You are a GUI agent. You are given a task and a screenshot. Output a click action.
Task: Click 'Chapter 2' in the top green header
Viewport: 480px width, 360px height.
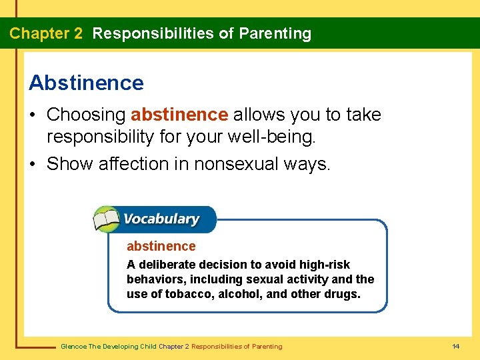pos(46,34)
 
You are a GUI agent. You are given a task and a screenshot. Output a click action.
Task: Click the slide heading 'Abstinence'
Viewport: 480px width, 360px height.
pos(86,83)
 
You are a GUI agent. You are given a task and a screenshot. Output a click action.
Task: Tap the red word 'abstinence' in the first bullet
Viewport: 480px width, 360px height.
pos(179,115)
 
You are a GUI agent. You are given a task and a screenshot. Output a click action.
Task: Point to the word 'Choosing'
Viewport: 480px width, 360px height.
pos(86,115)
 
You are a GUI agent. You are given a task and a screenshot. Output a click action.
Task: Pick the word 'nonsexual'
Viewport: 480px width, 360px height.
pos(227,163)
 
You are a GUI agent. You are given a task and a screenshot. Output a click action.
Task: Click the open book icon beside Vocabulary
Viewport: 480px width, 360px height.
pos(106,219)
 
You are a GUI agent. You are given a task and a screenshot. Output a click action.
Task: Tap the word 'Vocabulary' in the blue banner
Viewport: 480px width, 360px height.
pos(161,219)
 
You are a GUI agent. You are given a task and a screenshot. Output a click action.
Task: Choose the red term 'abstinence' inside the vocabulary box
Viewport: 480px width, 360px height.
pos(161,247)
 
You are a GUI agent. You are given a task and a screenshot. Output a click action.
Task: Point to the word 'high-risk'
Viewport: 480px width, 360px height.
pos(325,265)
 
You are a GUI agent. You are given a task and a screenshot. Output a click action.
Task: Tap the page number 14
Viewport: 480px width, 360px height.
pos(456,346)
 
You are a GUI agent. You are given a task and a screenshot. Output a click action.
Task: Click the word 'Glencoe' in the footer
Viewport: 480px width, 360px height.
pos(73,346)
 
